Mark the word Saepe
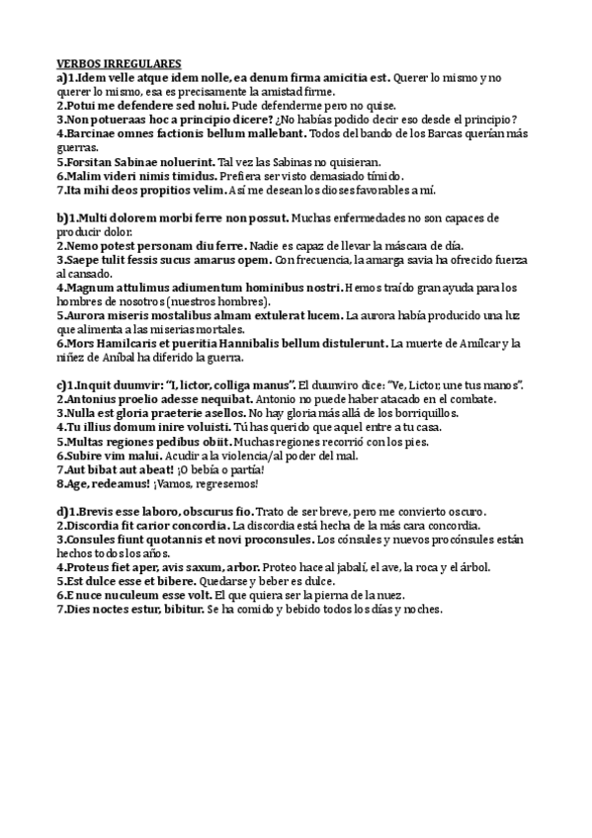82,260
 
